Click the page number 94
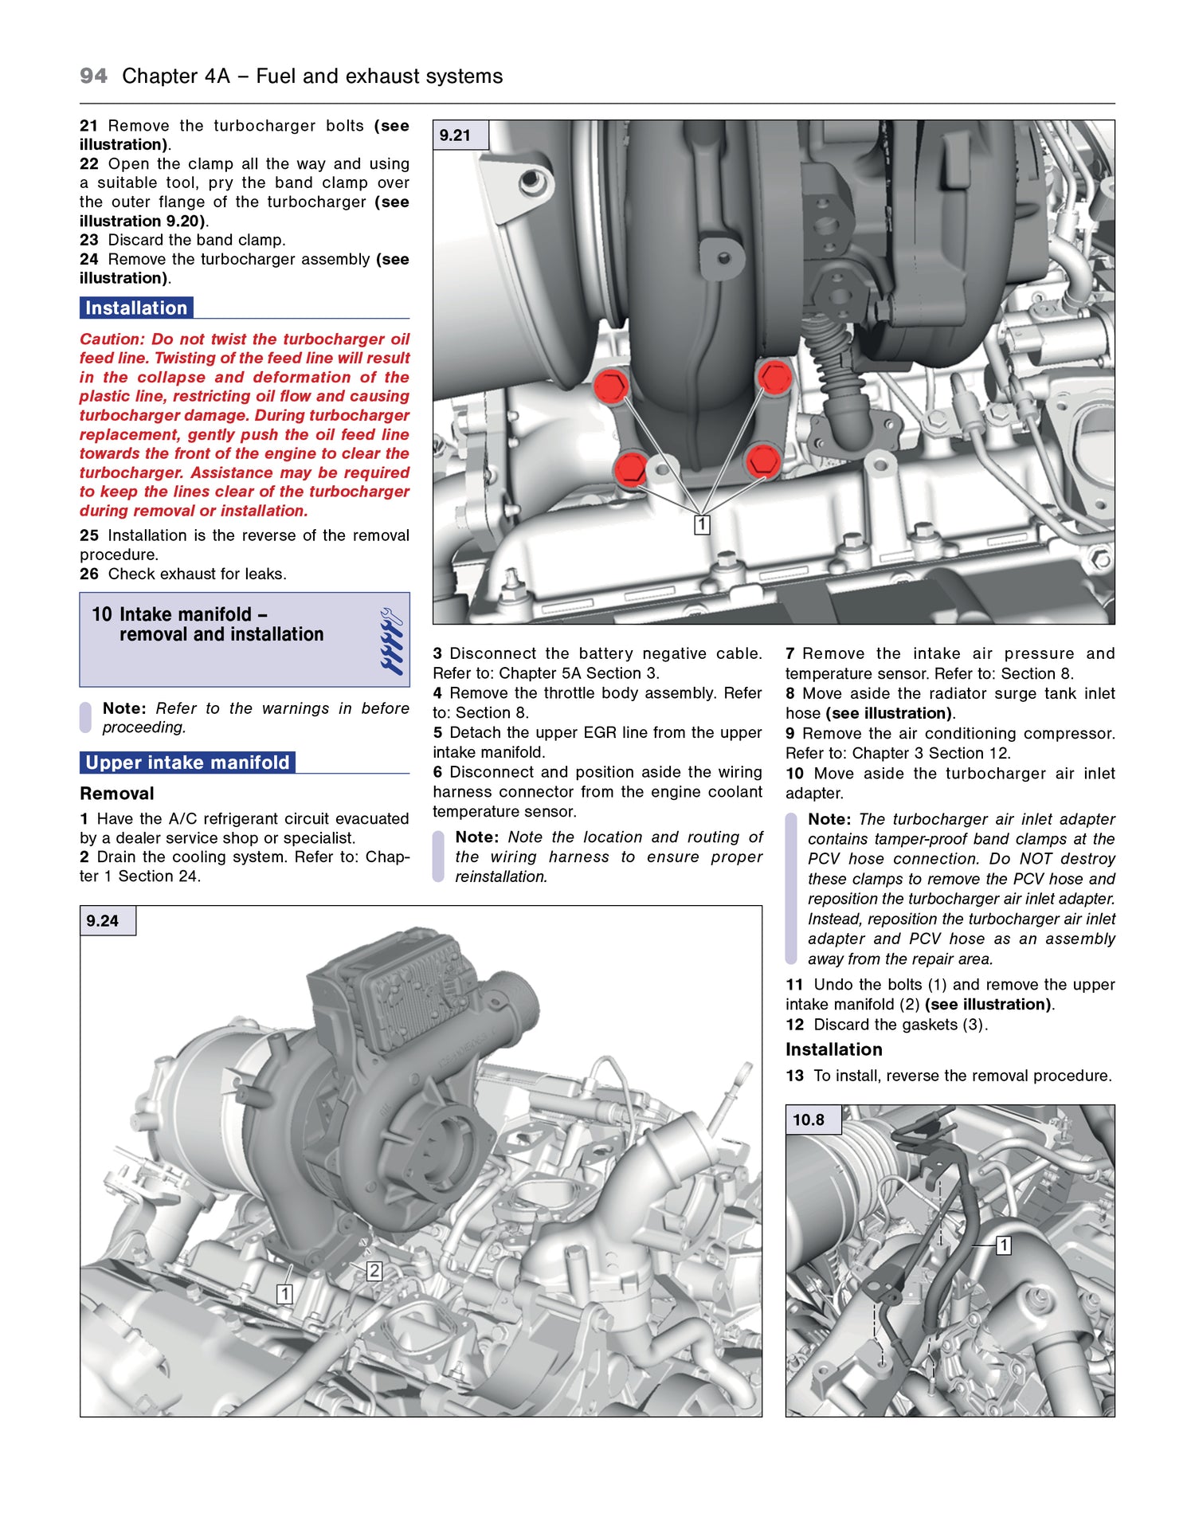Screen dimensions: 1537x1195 (93, 76)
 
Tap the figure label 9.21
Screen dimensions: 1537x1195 (455, 135)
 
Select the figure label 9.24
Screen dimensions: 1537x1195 (103, 921)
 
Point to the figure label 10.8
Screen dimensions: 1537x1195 (808, 1119)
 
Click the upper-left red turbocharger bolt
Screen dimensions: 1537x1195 (611, 386)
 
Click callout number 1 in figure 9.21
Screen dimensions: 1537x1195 (702, 524)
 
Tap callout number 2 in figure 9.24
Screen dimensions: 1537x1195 (374, 1271)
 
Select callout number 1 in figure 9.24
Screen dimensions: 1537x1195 (284, 1294)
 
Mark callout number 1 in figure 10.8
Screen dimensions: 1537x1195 (1004, 1245)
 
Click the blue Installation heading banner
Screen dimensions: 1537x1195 (136, 308)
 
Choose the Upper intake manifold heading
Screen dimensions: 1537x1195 (187, 763)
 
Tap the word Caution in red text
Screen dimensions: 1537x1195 (112, 339)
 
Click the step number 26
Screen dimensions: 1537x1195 (88, 574)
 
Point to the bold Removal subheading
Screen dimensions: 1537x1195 (116, 794)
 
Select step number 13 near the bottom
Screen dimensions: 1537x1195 (794, 1076)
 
